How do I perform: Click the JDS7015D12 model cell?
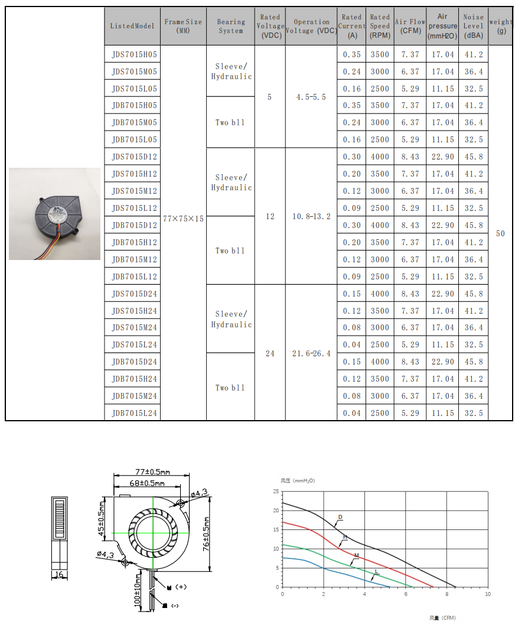point(134,157)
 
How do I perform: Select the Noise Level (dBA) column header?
point(473,27)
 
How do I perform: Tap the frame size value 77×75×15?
point(183,219)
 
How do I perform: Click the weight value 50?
point(500,233)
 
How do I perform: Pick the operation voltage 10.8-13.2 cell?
point(311,216)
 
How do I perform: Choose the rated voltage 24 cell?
point(270,353)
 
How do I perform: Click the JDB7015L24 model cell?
point(134,413)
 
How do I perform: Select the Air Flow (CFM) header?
point(410,27)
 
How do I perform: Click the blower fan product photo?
point(54,214)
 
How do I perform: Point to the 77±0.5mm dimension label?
point(152,472)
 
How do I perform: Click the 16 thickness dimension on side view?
point(58,574)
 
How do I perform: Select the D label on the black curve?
point(340,517)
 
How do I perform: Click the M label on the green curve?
point(356,555)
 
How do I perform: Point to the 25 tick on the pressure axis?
point(276,492)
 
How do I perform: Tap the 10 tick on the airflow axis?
point(487,593)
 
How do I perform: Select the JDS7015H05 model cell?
point(134,54)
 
